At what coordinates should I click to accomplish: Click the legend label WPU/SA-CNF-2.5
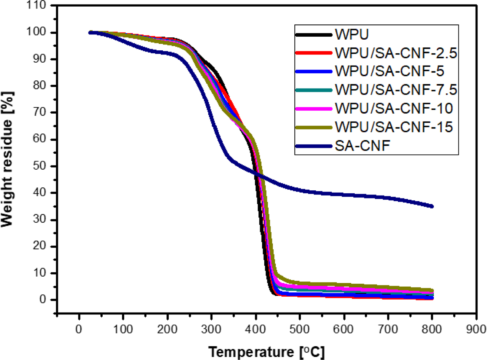(x=396, y=53)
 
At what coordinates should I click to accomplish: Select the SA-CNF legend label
(x=362, y=146)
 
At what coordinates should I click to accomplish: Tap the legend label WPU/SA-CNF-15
(x=394, y=127)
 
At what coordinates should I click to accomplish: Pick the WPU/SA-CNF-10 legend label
(x=394, y=109)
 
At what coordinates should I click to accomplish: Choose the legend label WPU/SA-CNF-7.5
(x=396, y=90)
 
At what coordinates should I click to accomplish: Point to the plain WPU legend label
(x=352, y=34)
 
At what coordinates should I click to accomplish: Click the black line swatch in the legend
(x=314, y=35)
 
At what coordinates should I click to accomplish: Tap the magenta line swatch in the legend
(x=314, y=109)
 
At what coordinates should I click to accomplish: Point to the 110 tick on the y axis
(x=36, y=6)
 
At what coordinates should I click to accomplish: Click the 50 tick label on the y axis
(x=39, y=166)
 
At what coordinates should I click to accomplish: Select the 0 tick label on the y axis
(x=43, y=300)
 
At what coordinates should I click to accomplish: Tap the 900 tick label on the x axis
(x=476, y=329)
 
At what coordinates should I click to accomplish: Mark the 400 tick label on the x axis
(x=255, y=329)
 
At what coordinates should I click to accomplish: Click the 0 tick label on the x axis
(x=79, y=329)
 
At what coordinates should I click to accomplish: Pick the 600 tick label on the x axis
(x=344, y=329)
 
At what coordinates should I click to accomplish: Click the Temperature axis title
(x=266, y=351)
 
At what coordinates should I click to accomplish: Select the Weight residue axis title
(x=7, y=159)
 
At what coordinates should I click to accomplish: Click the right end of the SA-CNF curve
(x=431, y=206)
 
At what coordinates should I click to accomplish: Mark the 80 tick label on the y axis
(x=39, y=86)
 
